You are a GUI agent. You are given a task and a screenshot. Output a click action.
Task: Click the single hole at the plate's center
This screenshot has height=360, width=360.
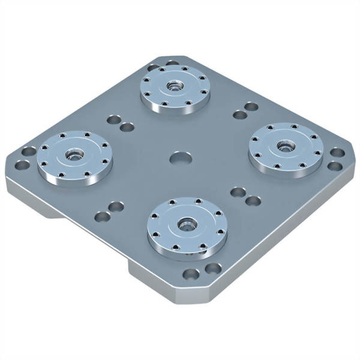[x=181, y=158]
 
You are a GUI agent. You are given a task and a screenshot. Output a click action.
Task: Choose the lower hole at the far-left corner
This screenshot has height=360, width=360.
[x=22, y=163]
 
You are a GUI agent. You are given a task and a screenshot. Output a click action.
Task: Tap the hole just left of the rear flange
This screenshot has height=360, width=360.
[x=154, y=68]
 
